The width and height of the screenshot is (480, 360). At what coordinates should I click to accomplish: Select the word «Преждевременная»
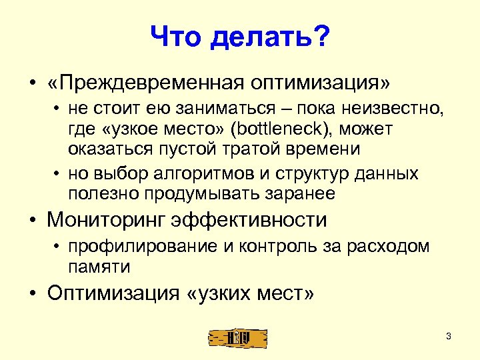148,84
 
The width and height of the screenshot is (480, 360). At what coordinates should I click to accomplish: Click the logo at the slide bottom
237,337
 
